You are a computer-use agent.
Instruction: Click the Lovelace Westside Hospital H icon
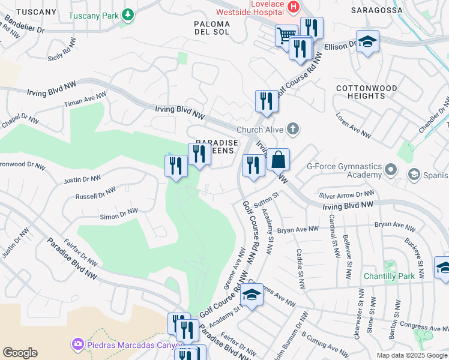294,7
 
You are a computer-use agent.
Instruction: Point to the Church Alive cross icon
292,129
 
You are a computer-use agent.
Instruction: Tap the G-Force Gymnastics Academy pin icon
391,170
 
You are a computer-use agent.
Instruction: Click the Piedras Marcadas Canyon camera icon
77,344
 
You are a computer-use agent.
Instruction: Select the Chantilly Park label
389,277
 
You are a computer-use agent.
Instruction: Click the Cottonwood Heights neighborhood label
366,92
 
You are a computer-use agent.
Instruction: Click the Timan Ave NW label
85,100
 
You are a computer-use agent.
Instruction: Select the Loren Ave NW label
352,122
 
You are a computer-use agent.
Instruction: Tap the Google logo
20,353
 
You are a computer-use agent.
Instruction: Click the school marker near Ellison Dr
367,41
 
